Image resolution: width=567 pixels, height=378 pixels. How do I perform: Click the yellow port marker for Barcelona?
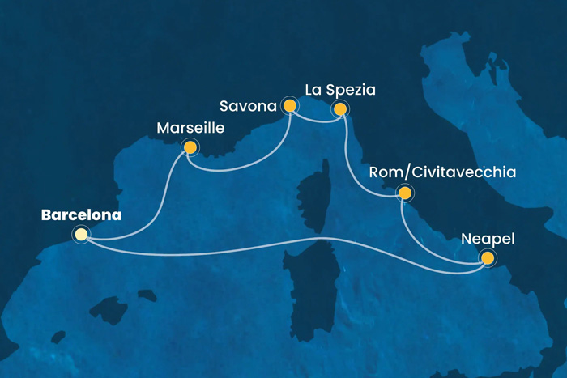pyautogui.click(x=81, y=235)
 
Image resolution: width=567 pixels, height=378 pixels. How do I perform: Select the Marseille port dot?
pyautogui.click(x=190, y=147)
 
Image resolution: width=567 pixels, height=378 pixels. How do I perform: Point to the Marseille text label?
pyautogui.click(x=191, y=129)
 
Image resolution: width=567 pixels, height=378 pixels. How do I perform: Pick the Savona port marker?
pyautogui.click(x=289, y=105)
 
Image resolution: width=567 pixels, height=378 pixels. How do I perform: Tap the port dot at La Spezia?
pyautogui.click(x=340, y=108)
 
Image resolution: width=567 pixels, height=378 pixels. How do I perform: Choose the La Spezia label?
pyautogui.click(x=340, y=88)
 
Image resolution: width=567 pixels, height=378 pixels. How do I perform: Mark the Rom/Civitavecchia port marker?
pyautogui.click(x=403, y=193)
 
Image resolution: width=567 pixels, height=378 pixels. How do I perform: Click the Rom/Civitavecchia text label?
pyautogui.click(x=442, y=172)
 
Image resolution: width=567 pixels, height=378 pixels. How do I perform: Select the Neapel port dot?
pyautogui.click(x=488, y=258)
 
